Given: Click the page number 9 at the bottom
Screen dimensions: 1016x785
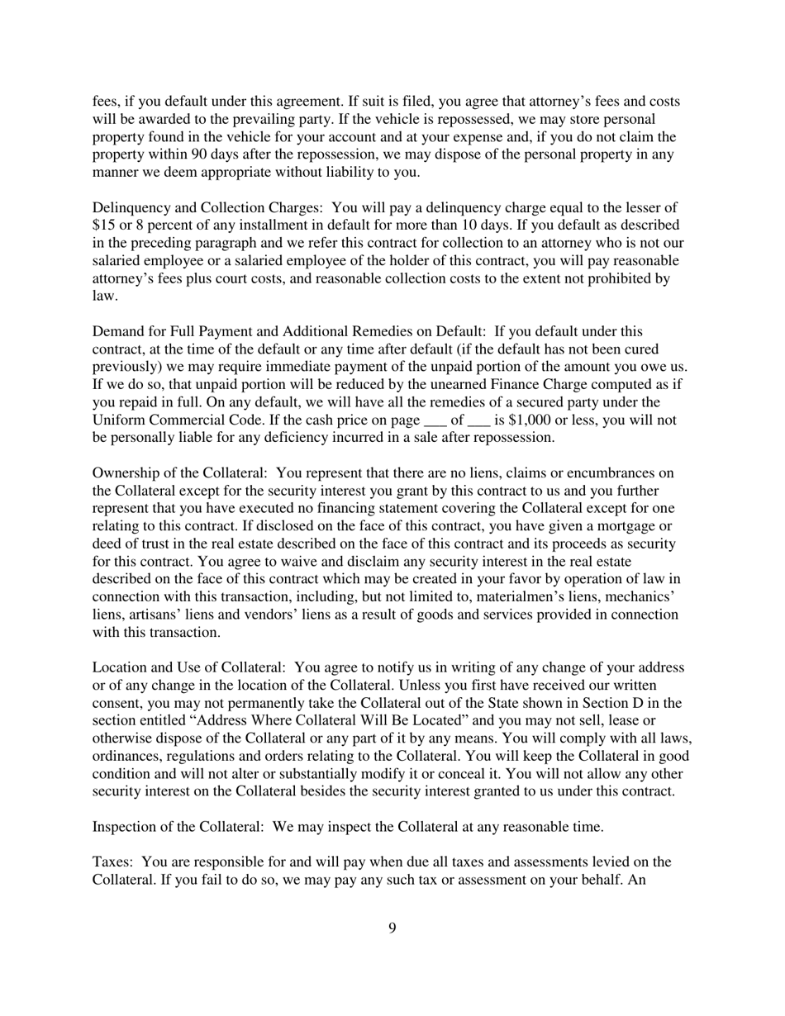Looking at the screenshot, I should tap(392, 928).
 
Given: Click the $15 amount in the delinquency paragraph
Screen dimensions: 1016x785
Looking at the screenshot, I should tap(102, 225).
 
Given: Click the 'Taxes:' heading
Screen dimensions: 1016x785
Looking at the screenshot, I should tap(112, 862).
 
